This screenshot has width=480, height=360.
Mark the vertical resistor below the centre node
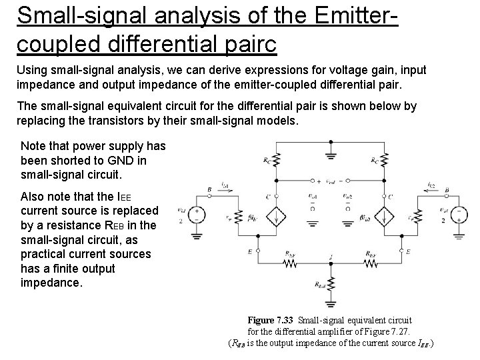[330, 287]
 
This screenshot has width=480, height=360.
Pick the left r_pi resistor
[239, 217]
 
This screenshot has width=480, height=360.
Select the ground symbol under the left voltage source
[197, 235]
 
